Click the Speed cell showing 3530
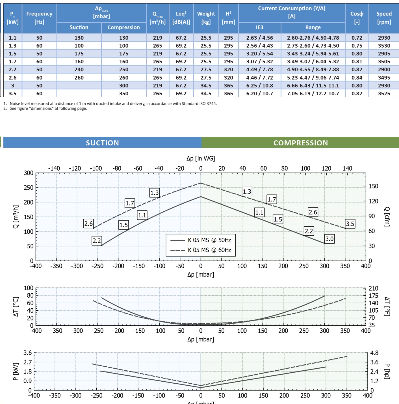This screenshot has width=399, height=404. coord(384,46)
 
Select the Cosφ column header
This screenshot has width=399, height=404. coord(357,18)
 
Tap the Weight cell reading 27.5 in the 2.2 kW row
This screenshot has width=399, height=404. coord(206,69)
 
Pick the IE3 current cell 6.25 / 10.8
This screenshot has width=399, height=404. coord(259,85)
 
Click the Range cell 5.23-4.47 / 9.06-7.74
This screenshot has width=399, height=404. coord(313,78)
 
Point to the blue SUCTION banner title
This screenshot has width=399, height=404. coord(102,143)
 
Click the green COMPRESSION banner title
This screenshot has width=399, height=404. coord(300,143)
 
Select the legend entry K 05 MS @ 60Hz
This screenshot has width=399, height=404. coord(209,250)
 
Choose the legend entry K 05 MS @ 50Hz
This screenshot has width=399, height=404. coord(209,240)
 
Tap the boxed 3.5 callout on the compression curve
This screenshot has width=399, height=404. coord(350,224)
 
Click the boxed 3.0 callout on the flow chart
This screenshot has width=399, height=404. coord(329,239)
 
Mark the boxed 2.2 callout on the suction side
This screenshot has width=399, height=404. coord(97,241)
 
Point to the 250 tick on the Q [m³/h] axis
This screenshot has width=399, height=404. coord(29,188)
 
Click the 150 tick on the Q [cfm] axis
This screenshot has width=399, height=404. coord(373,186)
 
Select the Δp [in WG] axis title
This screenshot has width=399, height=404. coord(201,158)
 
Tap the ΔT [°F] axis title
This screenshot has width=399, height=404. coord(387,306)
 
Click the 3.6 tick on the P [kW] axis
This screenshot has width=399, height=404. coord(27,353)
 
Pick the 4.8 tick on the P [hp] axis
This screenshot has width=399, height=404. coord(374,353)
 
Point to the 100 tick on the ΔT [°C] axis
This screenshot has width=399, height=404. coord(29,288)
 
